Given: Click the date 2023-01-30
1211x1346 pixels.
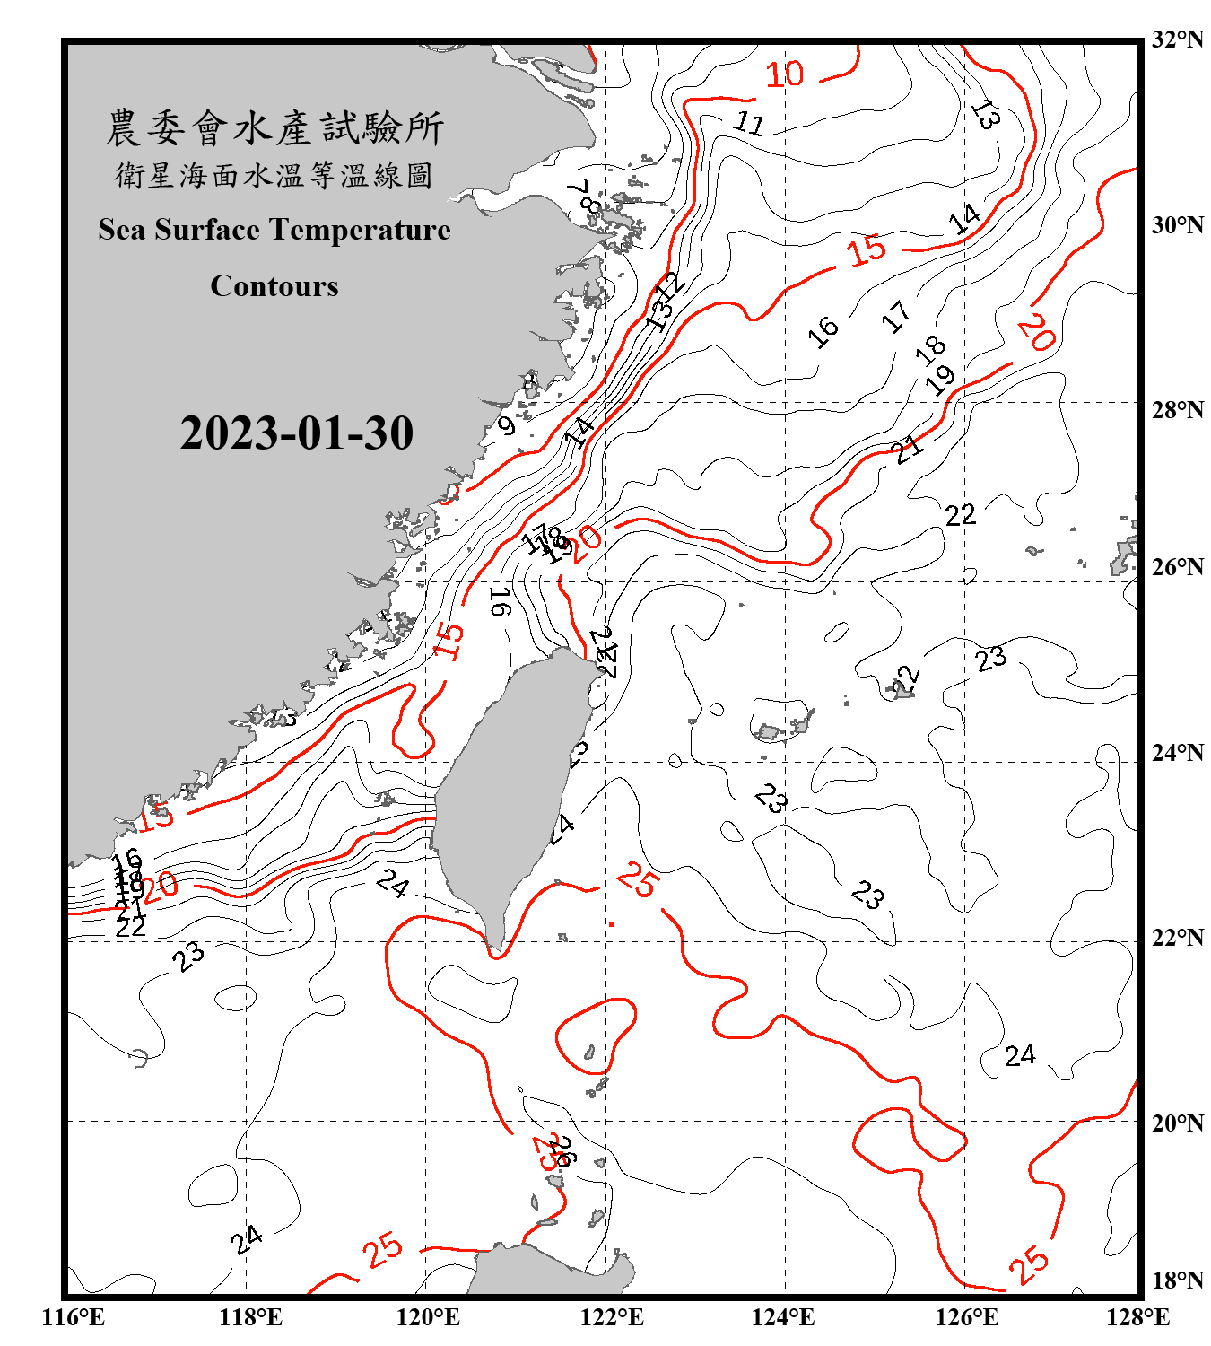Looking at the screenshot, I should pos(296,433).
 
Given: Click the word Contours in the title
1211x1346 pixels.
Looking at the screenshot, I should pos(274,285).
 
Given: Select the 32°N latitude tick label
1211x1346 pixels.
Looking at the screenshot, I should pos(1177,39).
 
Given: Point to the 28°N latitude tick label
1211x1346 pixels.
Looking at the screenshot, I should pos(1177,409).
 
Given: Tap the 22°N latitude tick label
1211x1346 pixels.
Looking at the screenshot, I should pos(1177,938).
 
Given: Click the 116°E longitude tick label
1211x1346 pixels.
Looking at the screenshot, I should pos(74,1317).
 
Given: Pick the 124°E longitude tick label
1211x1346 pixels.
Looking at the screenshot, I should pos(783,1317).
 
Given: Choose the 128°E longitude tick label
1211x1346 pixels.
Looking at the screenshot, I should pos(1137,1317).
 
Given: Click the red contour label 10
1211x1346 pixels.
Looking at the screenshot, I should pos(785,74).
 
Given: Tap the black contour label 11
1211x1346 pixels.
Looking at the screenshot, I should pos(748,122).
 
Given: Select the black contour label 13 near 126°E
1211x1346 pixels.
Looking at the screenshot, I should pos(985,115).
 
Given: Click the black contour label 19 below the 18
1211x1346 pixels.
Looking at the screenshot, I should pos(940,380).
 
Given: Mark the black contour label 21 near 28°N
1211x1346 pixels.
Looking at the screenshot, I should pos(908,448).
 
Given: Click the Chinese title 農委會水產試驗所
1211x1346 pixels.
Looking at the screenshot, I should pos(274,127).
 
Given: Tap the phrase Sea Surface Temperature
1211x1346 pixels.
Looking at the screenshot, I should pos(274,230).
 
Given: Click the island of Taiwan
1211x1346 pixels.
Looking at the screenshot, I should pos(507,790).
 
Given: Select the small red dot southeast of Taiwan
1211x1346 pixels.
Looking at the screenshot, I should pos(612,923).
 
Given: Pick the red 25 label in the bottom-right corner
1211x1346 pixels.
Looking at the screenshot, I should pos(1028,1263).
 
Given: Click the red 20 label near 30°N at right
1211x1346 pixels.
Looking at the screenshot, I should pos(1036,334).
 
